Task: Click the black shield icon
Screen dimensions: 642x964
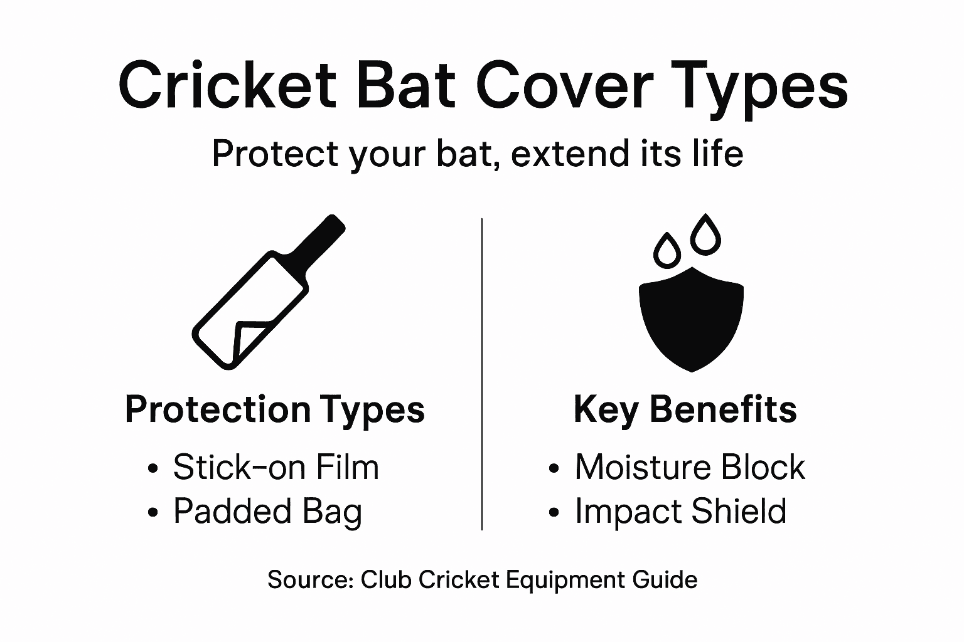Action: pos(691,320)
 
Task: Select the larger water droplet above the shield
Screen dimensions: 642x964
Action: pos(705,235)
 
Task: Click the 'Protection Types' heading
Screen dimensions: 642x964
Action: pos(275,409)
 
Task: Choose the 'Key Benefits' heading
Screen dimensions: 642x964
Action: pos(685,409)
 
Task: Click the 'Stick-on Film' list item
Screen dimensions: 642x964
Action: pos(276,467)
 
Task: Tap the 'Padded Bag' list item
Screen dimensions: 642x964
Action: pos(268,511)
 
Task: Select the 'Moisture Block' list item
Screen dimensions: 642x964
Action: pos(689,467)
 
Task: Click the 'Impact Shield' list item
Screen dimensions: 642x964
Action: pos(680,511)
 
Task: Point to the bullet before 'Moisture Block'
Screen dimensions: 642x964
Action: pos(554,469)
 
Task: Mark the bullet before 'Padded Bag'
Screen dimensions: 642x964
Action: pos(152,513)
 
